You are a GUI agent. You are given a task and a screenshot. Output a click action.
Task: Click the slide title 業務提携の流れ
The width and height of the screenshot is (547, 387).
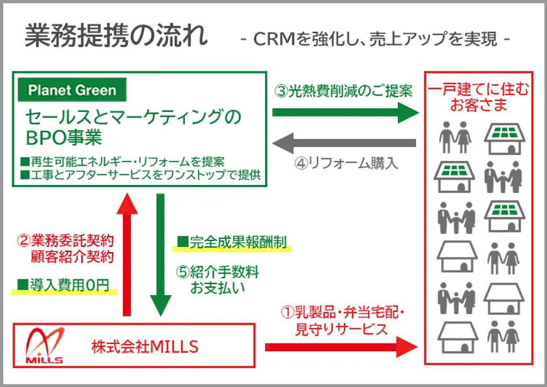click(116, 37)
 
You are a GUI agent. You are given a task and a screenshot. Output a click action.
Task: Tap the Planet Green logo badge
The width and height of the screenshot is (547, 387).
click(72, 90)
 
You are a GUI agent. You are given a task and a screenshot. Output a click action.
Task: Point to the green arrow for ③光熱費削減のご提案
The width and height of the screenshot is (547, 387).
click(344, 113)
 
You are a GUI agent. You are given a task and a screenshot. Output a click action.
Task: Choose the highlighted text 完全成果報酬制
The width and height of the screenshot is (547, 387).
click(232, 243)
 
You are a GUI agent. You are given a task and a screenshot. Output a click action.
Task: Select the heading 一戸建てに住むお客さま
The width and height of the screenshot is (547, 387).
click(478, 96)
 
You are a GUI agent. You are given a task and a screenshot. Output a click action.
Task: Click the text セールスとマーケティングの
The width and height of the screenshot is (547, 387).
click(133, 117)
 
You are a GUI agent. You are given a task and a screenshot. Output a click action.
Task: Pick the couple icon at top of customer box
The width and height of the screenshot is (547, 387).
click(454, 136)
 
